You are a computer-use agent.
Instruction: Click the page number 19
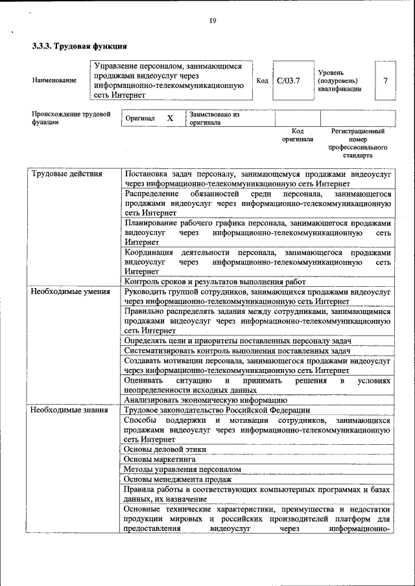[212, 21]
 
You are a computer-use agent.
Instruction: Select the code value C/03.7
[288, 81]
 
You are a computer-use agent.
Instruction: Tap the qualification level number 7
[385, 81]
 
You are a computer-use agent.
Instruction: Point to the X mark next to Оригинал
[170, 118]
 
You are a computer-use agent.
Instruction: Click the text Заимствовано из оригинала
[215, 118]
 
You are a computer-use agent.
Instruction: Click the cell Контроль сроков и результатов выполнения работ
[215, 282]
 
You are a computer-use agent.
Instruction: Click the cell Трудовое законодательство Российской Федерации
[217, 410]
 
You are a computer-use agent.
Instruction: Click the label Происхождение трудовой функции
[70, 118]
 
